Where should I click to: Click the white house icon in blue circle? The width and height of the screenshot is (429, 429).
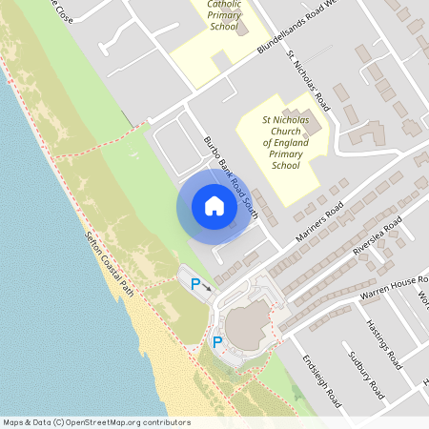(214, 206)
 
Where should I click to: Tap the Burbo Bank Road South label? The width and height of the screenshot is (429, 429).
(231, 176)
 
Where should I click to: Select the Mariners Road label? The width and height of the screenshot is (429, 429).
(318, 226)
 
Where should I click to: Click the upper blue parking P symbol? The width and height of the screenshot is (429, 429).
(196, 283)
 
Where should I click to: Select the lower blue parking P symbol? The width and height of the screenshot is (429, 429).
(217, 342)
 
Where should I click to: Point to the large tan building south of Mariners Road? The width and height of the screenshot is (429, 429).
(249, 325)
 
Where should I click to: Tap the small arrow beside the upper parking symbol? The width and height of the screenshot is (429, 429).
(207, 285)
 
